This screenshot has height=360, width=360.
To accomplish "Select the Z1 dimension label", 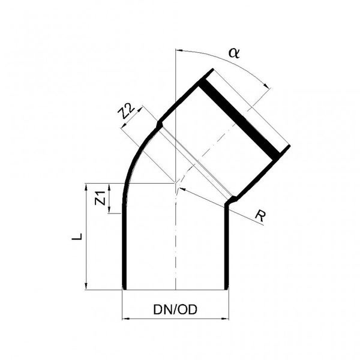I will (x=101, y=198).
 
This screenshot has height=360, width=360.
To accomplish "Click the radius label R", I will (x=259, y=215).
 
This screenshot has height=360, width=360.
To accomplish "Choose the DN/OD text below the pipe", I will (x=175, y=310).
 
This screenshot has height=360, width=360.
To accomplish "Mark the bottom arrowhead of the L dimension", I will (x=88, y=286).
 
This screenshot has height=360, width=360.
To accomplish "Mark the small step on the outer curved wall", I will (x=158, y=125).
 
